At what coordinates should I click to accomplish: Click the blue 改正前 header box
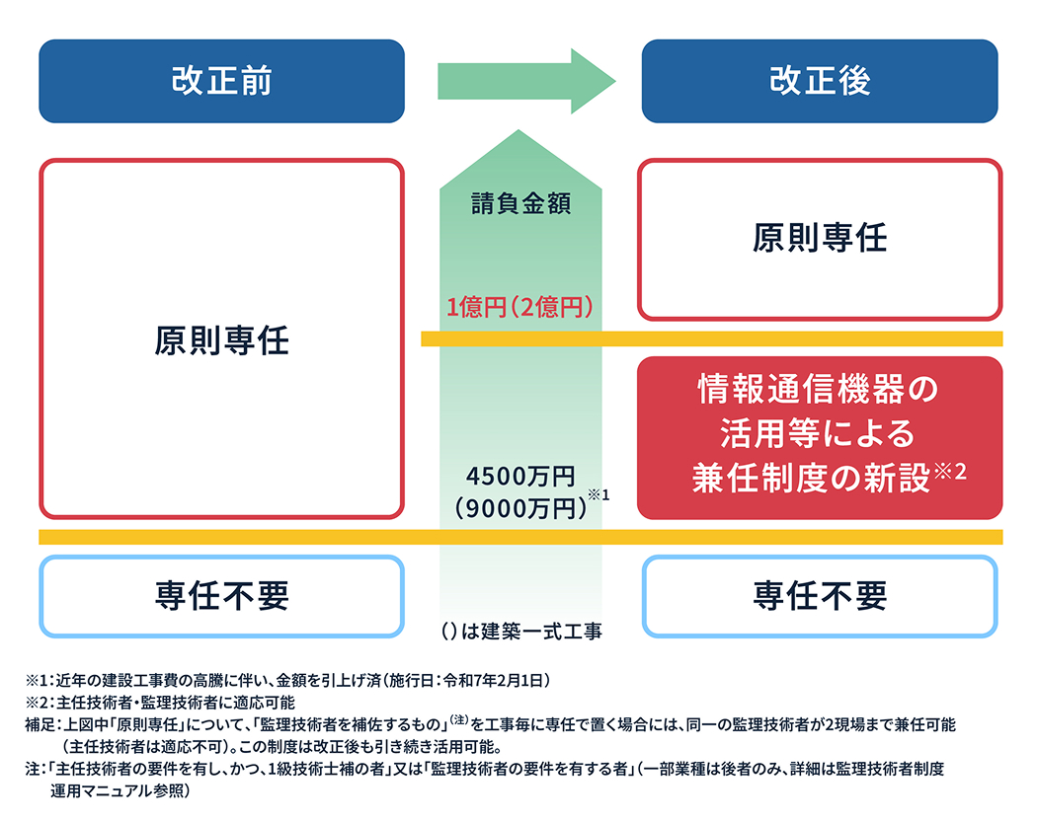221,81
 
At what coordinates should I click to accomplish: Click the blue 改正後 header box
820,81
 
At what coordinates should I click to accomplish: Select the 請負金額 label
522,206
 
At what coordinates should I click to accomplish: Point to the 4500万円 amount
520,477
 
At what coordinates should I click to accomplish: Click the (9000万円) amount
516,507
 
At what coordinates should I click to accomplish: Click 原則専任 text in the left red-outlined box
221,340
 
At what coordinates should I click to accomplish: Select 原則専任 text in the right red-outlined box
820,238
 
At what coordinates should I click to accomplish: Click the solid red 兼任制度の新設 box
820,437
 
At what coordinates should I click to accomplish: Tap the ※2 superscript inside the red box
949,472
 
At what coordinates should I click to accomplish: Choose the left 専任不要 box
221,595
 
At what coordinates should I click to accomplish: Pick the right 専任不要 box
820,595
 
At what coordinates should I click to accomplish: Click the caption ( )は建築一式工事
521,631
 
